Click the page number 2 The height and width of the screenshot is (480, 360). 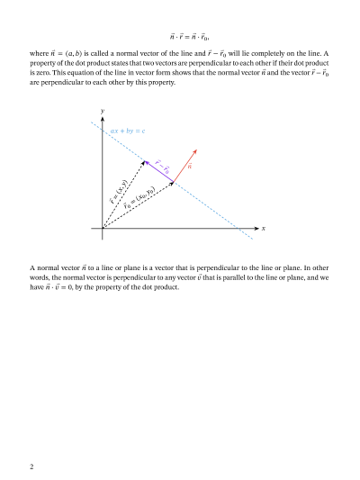(x=31, y=467)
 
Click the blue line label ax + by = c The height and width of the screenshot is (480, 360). (x=128, y=131)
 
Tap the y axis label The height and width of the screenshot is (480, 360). (x=103, y=111)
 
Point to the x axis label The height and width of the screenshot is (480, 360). (x=264, y=229)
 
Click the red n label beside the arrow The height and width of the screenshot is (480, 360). (x=190, y=168)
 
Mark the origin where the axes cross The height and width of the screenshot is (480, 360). (x=103, y=229)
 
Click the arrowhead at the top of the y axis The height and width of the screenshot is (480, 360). (x=103, y=117)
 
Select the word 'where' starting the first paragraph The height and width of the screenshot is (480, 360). (x=40, y=54)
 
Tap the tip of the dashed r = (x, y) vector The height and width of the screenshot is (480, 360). (x=144, y=161)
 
